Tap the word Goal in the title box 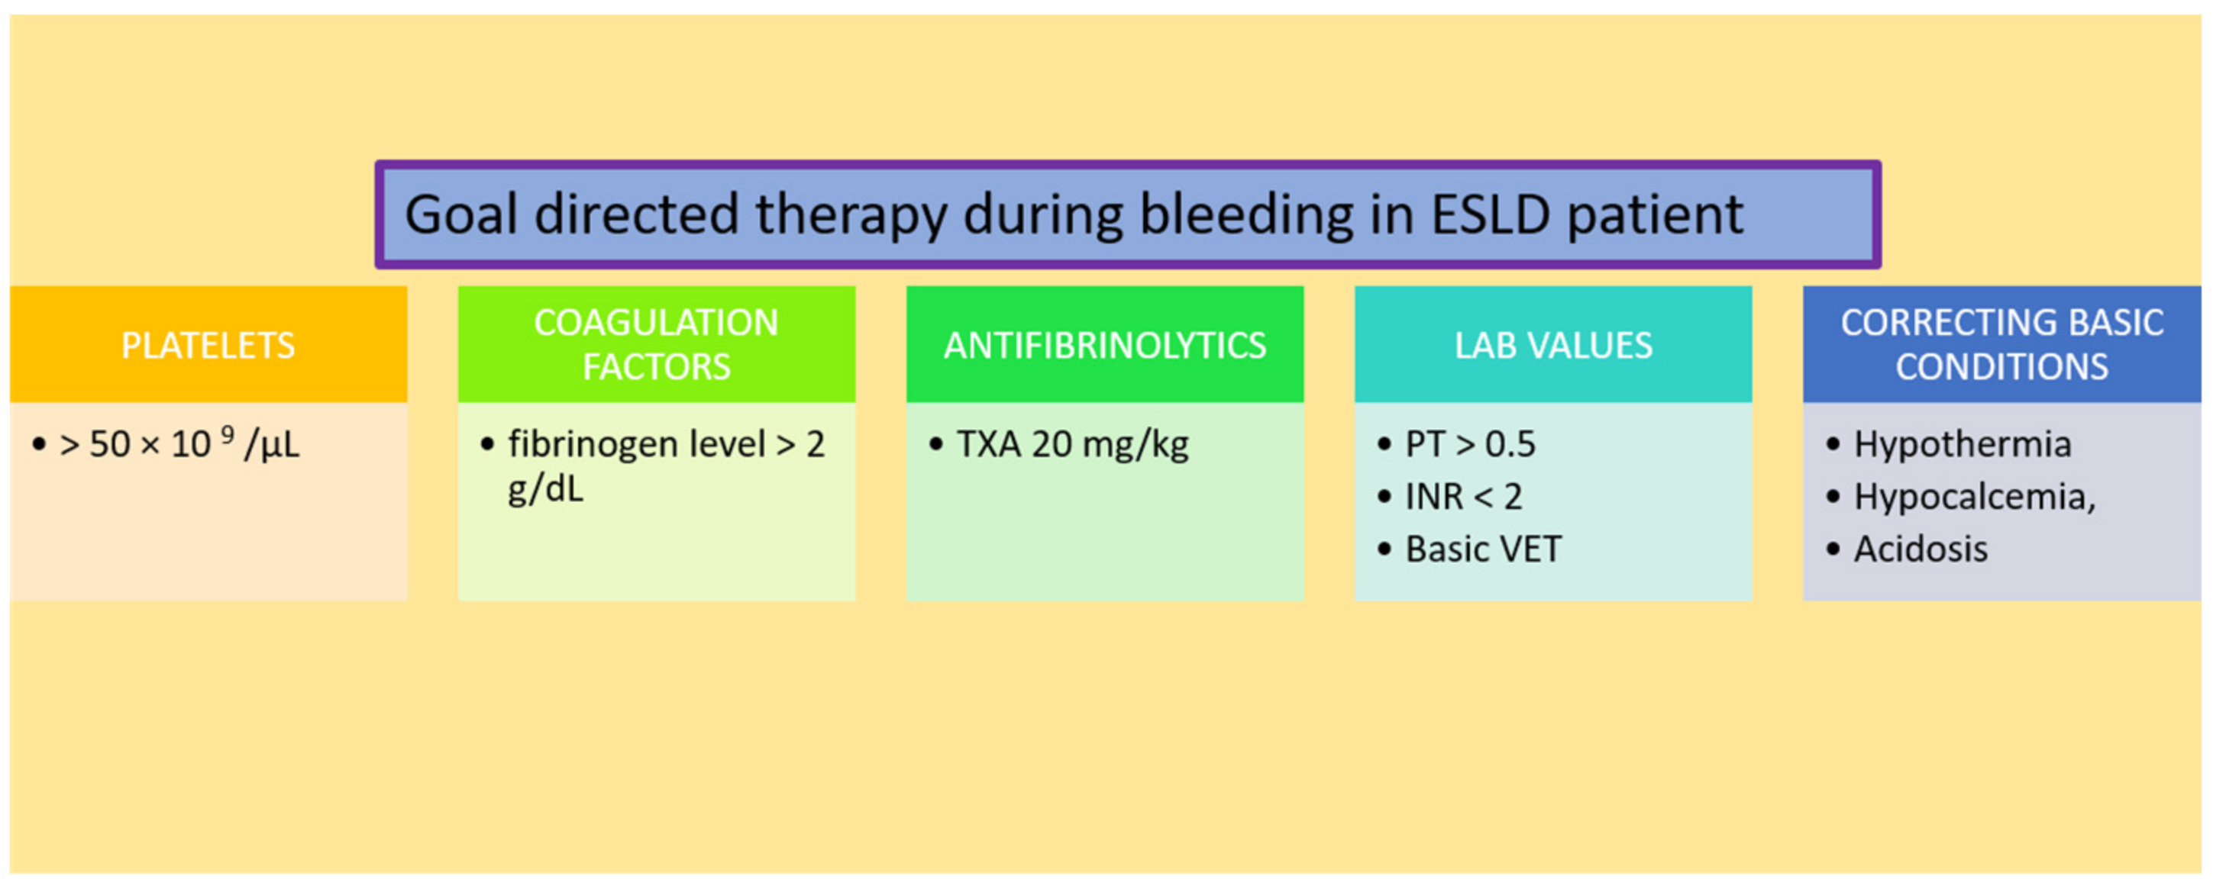pyautogui.click(x=462, y=214)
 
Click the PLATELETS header pyautogui.click(x=208, y=345)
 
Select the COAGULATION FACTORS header pyautogui.click(x=657, y=344)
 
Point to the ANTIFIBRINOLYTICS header pyautogui.click(x=1105, y=345)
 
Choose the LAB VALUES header pyautogui.click(x=1553, y=345)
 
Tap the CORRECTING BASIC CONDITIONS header pyautogui.click(x=2001, y=344)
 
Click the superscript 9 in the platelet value pyautogui.click(x=228, y=433)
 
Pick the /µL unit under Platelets pyautogui.click(x=272, y=446)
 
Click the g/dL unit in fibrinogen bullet pyautogui.click(x=545, y=489)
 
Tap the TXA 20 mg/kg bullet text pyautogui.click(x=1073, y=445)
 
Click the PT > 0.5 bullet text pyautogui.click(x=1470, y=445)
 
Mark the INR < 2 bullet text pyautogui.click(x=1463, y=497)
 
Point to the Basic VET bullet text pyautogui.click(x=1483, y=549)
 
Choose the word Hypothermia pyautogui.click(x=1963, y=445)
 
